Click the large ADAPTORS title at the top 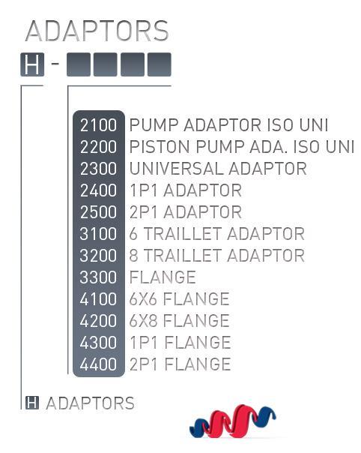97,31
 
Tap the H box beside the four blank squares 32,64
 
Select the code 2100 98,125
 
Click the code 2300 98,169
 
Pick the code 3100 98,234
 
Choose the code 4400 98,364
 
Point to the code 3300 98,277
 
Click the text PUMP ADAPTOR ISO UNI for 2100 228,125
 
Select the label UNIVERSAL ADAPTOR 218,169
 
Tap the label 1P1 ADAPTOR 186,190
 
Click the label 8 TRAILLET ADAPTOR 216,256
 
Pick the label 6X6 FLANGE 179,298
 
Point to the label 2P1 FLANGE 180,364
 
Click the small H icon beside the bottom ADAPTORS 32,403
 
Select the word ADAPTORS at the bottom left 90,403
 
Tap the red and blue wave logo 233,421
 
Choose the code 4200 98,321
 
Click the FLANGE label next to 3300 163,277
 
